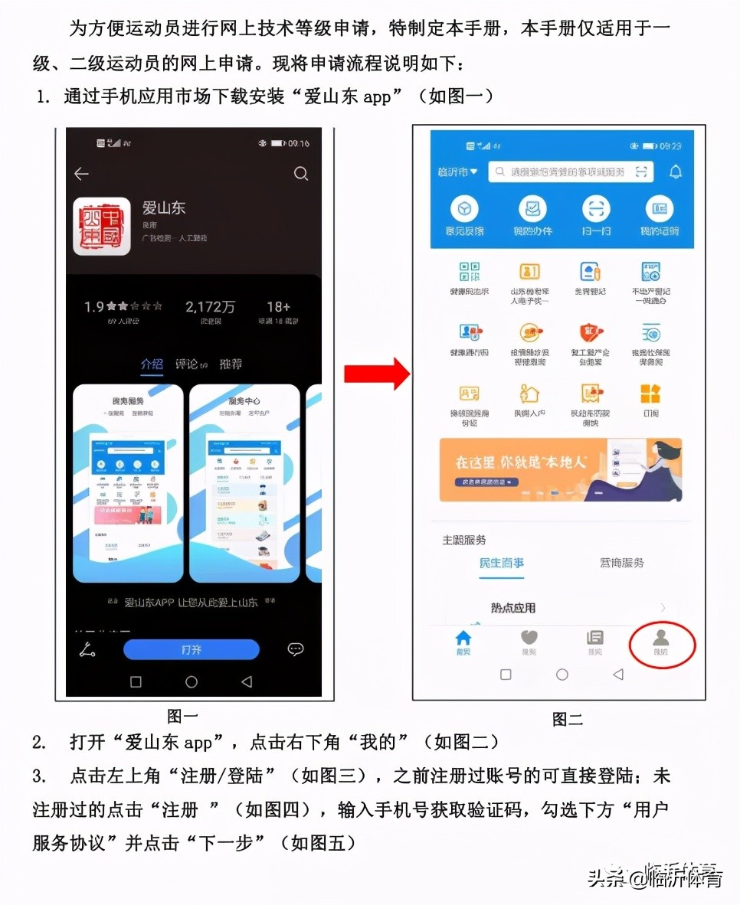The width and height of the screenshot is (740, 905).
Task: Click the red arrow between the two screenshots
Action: (377, 374)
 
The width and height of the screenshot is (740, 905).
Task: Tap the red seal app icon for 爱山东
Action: (102, 227)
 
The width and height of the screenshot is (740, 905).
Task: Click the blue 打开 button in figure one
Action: (192, 649)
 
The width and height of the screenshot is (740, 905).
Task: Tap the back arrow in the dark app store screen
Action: (81, 174)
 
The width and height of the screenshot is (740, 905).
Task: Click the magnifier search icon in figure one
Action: (301, 174)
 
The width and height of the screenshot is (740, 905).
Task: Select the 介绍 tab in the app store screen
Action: (152, 364)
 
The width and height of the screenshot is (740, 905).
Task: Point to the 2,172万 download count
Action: (210, 307)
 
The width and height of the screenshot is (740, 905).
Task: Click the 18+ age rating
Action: (278, 307)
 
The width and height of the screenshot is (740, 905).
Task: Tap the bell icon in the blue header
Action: (675, 172)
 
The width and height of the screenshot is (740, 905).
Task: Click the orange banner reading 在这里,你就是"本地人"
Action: (561, 469)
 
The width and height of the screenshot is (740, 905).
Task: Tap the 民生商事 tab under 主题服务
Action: (502, 563)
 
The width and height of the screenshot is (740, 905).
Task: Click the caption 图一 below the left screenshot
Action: (182, 716)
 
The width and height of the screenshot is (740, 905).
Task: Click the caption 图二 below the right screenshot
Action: (568, 719)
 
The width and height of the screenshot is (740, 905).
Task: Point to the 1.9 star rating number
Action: (94, 307)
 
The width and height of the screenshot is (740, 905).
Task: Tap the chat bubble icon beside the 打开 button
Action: (296, 649)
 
